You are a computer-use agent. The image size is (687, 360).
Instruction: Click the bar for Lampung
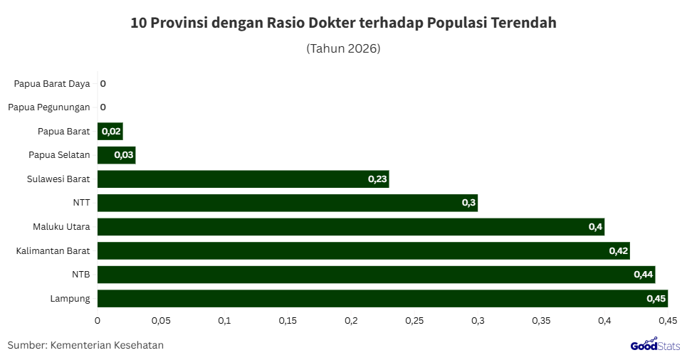[x=382, y=298]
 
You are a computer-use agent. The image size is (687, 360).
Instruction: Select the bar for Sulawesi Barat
[x=243, y=179]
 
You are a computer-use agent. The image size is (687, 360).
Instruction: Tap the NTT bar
[x=287, y=203]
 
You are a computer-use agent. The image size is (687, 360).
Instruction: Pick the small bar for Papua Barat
[x=110, y=131]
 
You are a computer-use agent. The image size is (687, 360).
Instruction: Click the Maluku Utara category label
[x=61, y=227]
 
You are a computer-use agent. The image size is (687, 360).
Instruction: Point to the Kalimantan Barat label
[x=53, y=250]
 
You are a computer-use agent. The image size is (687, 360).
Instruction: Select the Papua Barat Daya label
[x=52, y=84]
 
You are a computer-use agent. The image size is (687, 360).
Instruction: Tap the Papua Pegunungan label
[x=49, y=107]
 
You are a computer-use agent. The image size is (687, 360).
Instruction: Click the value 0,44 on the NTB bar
[x=643, y=275]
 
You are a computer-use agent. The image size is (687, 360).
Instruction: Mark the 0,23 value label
[x=377, y=179]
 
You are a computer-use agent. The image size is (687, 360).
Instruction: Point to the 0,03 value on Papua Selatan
[x=123, y=155]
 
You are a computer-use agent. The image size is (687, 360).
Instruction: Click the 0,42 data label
[x=618, y=251]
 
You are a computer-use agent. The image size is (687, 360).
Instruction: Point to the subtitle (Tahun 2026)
[x=343, y=49]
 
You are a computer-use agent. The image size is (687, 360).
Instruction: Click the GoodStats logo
[x=654, y=346]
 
